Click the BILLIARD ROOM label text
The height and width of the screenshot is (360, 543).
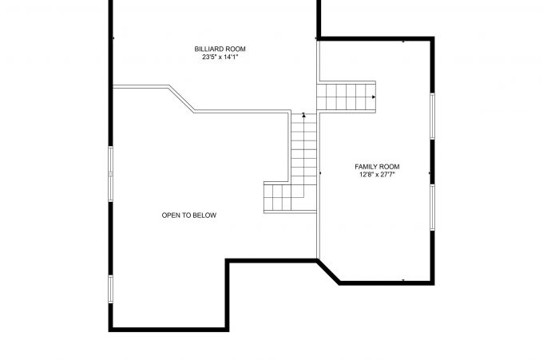(215, 49)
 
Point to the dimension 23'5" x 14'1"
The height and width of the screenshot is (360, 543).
(215, 57)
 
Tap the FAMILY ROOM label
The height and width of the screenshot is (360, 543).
(377, 166)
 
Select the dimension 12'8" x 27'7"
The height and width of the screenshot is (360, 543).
(377, 174)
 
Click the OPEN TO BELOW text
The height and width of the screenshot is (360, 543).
(189, 216)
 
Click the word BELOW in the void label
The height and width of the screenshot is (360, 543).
(205, 216)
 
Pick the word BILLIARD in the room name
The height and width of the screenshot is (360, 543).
(206, 49)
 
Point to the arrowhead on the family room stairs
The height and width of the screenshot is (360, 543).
(374, 97)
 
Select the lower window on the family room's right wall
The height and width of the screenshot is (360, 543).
(432, 208)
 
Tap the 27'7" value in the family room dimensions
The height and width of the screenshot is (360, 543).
(389, 174)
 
